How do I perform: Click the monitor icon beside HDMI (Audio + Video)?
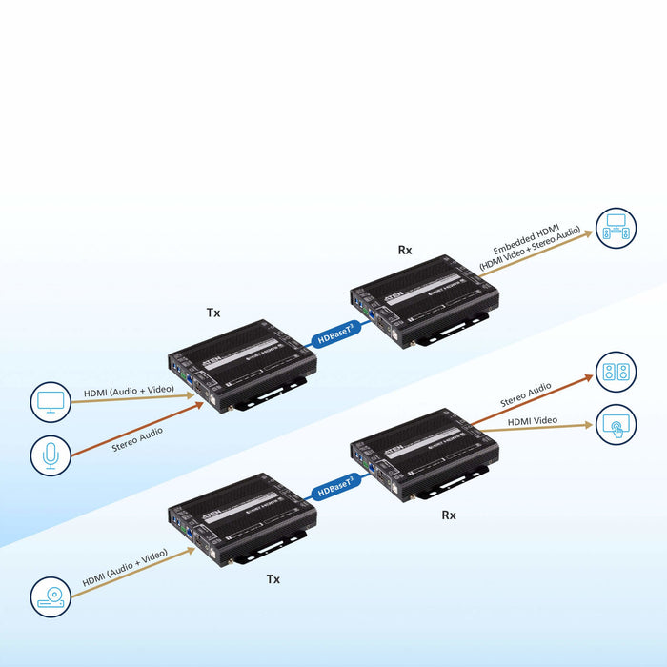point(51,401)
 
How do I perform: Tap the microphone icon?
point(51,455)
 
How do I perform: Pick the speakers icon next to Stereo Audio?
point(616,372)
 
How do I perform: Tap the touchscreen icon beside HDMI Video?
point(616,424)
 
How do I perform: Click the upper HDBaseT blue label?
point(334,333)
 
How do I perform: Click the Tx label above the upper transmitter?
point(212,312)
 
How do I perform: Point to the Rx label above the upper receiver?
point(404,251)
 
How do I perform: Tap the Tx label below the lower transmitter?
point(273,578)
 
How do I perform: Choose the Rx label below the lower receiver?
point(449,515)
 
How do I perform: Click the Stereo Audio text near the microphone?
point(137,437)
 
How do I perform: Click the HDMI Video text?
point(533,420)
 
